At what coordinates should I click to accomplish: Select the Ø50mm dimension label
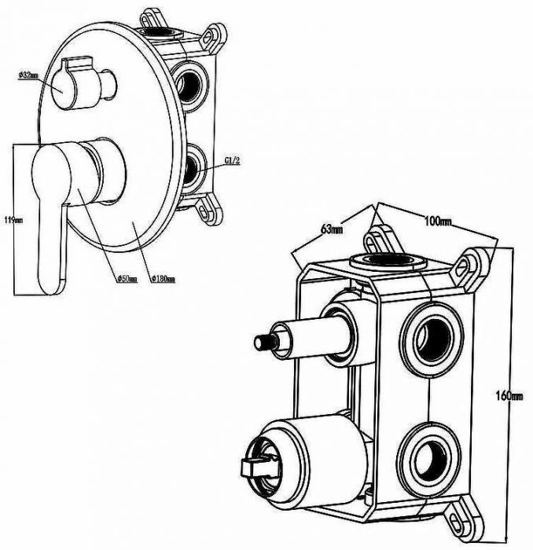[x=126, y=278]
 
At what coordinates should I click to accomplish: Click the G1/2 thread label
[x=232, y=160]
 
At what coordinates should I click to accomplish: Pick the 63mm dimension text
[x=331, y=229]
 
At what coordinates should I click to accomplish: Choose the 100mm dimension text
[x=438, y=222]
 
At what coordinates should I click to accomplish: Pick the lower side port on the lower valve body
[x=428, y=453]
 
